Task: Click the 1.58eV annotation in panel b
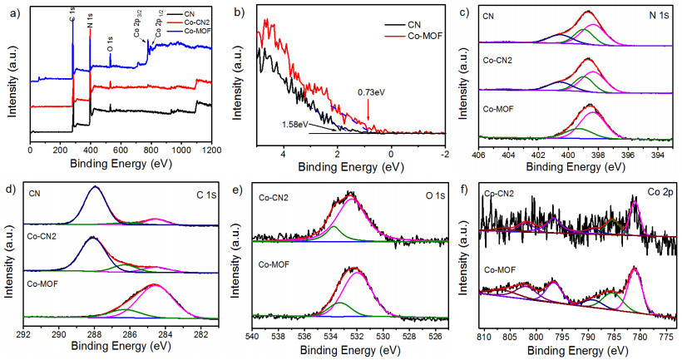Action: [295, 125]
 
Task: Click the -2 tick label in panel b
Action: [444, 153]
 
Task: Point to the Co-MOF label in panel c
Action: [498, 110]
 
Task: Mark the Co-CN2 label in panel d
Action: [42, 238]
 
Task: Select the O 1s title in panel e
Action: [435, 195]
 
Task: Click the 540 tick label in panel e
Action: [252, 336]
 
